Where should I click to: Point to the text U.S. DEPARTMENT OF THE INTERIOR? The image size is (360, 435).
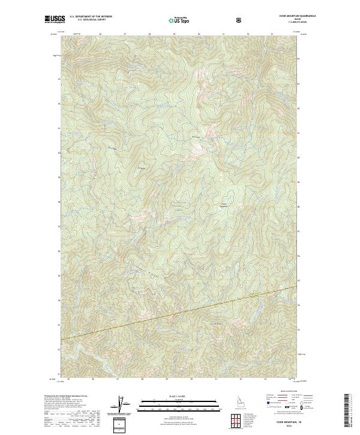click(x=91, y=17)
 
